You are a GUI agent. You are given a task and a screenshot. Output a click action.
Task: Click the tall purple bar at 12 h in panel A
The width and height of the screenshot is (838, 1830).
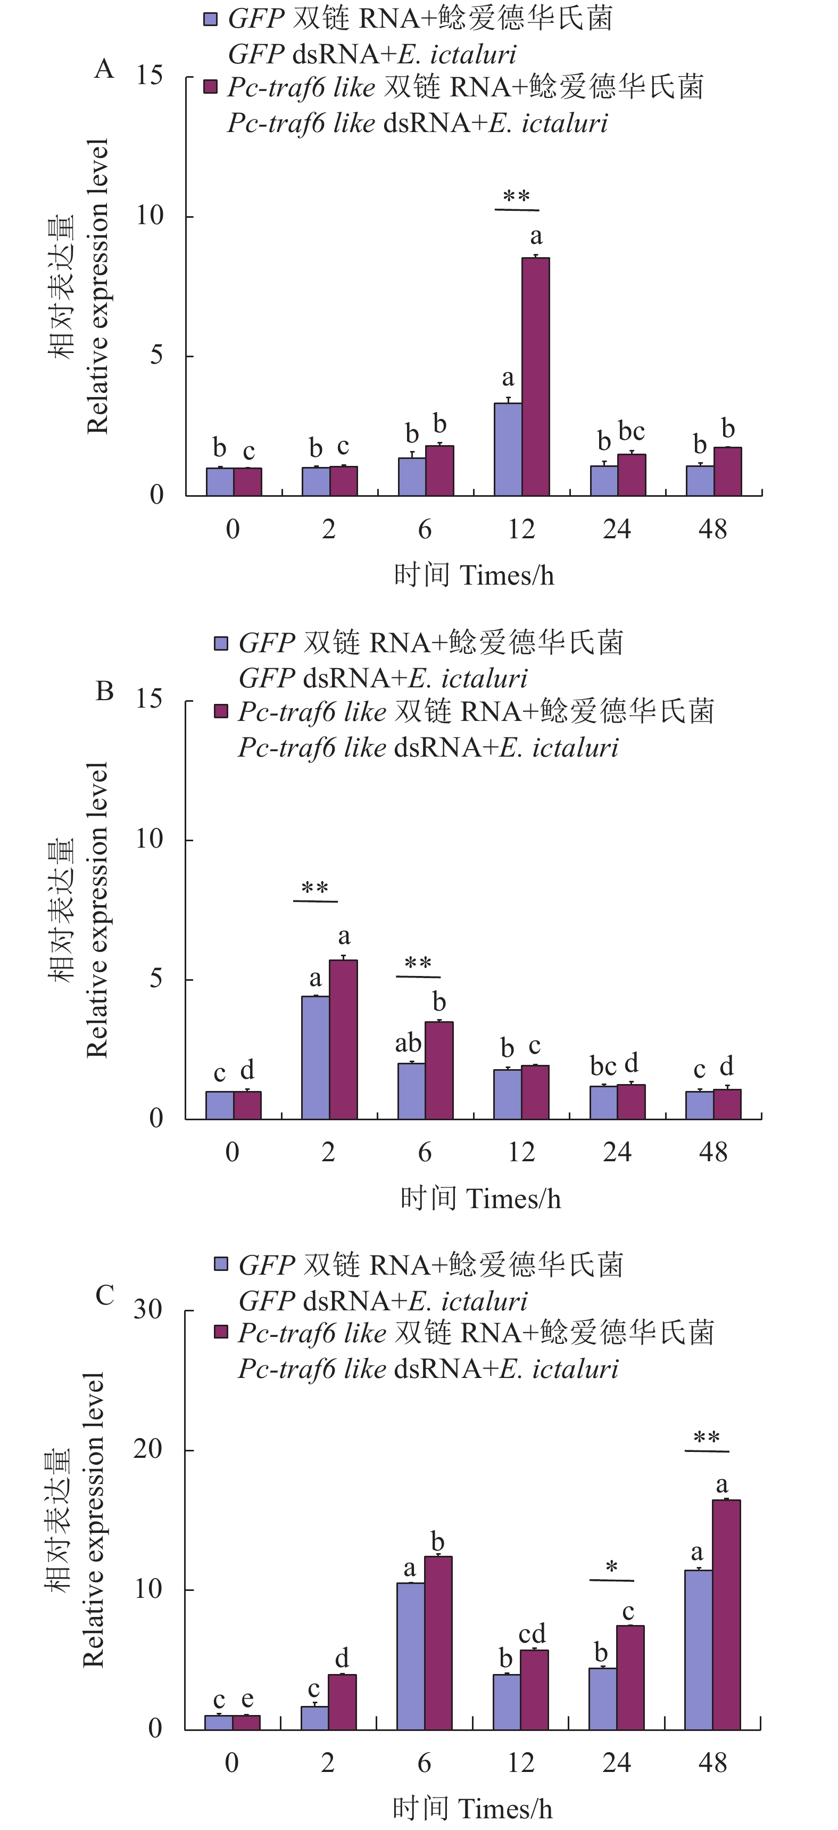(535, 376)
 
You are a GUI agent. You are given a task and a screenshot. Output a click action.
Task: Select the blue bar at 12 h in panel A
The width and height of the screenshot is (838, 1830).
(508, 449)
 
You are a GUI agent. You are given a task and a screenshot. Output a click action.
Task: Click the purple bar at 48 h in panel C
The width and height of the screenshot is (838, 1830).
(726, 1614)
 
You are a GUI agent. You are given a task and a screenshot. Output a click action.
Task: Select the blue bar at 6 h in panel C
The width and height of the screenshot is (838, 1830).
(410, 1655)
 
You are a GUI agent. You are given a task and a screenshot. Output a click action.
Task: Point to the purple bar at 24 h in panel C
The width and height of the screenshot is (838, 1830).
(630, 1677)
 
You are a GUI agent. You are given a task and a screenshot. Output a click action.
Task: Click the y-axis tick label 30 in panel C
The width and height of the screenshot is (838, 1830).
(148, 1309)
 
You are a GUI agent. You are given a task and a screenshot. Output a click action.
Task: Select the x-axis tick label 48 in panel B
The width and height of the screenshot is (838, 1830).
(712, 1152)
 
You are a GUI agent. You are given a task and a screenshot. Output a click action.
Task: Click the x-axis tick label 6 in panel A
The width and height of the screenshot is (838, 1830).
(424, 529)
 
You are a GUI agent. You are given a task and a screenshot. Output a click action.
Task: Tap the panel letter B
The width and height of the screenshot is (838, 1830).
(104, 691)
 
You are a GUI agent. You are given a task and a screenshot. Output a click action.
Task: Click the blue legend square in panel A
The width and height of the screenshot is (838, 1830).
(210, 19)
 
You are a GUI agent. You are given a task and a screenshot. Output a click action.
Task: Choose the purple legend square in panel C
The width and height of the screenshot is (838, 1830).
(221, 1331)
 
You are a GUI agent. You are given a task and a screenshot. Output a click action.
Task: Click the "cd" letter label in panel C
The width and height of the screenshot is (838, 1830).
(532, 1633)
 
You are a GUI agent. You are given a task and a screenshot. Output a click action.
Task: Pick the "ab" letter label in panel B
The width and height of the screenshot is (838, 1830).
(408, 1043)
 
